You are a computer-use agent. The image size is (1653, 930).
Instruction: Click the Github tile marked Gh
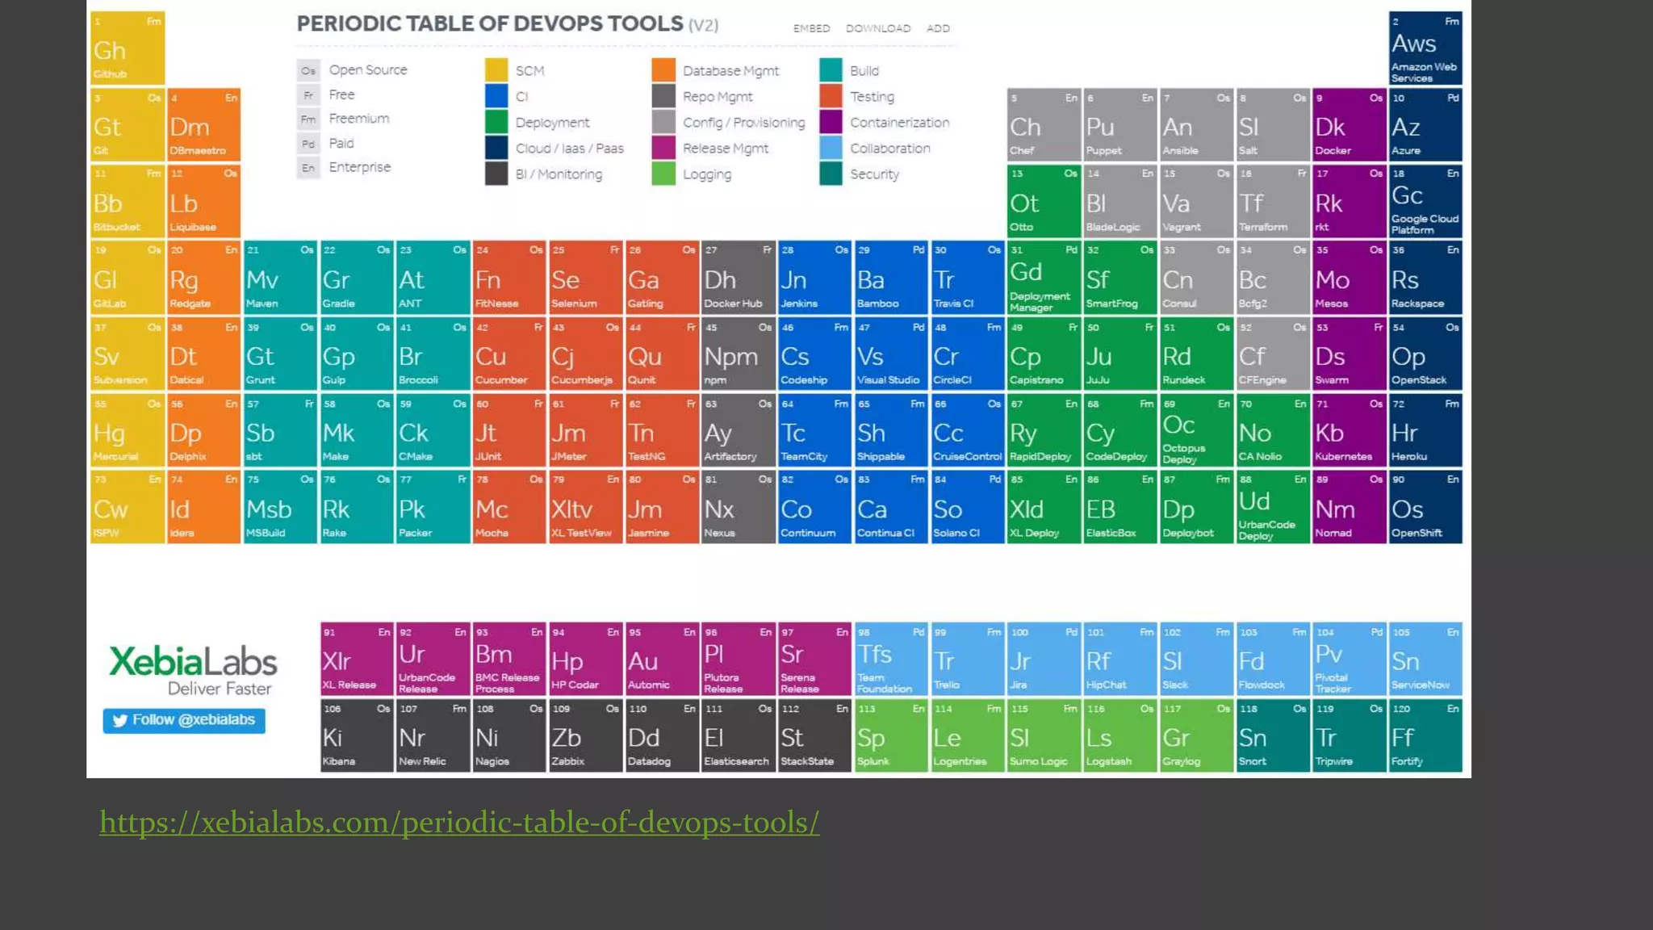(128, 48)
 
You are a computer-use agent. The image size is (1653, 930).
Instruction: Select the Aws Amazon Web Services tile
(1425, 48)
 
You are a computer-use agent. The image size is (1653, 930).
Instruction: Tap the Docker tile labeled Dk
(1348, 125)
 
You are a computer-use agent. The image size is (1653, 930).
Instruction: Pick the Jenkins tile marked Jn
(814, 278)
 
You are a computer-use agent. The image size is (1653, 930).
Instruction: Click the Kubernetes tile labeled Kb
(1348, 431)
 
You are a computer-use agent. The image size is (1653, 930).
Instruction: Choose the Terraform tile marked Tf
(1272, 202)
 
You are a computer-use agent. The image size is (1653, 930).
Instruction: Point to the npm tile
(737, 354)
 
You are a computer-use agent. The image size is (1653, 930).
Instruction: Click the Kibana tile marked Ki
(356, 735)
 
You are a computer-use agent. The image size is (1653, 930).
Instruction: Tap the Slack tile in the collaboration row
(1195, 660)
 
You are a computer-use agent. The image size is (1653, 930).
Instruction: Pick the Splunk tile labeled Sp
(890, 735)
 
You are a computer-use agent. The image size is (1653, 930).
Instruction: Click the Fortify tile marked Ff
(1425, 735)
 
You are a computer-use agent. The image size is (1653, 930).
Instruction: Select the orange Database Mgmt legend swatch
(663, 70)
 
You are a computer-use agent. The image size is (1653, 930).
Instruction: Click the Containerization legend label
(899, 123)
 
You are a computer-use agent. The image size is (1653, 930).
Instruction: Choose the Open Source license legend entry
(367, 70)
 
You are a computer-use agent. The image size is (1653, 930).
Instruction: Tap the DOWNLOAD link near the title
(877, 28)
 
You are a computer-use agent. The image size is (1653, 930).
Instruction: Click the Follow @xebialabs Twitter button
(184, 720)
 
